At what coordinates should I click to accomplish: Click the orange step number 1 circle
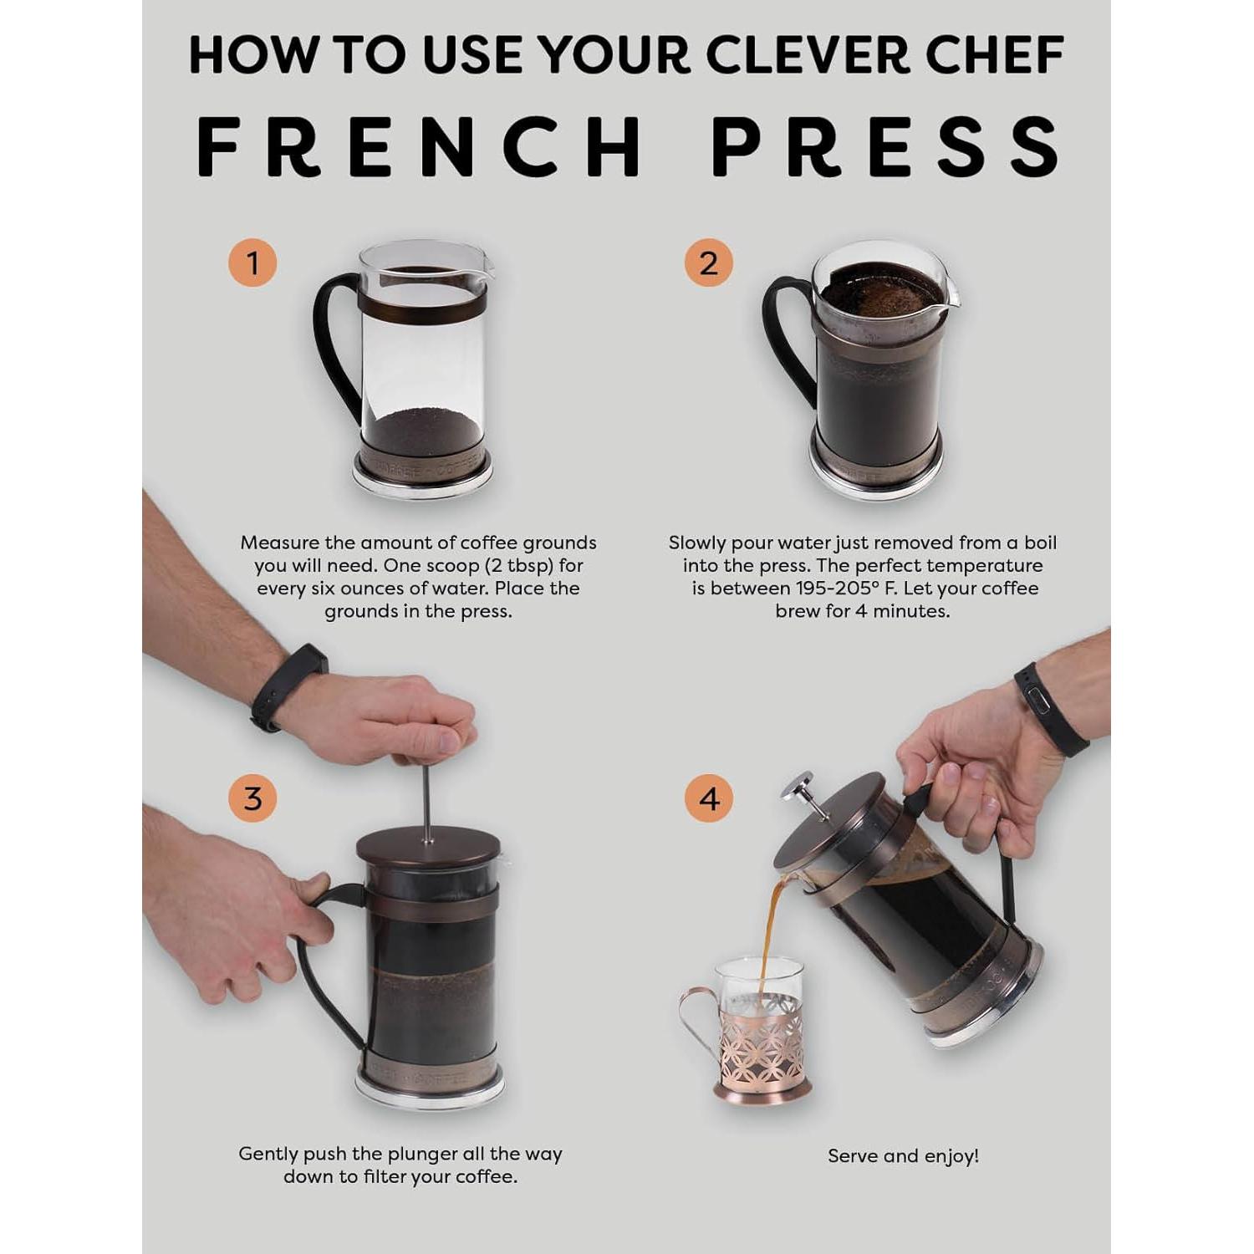click(x=252, y=263)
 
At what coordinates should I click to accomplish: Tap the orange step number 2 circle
click(x=708, y=263)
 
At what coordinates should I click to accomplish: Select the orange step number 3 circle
click(x=252, y=798)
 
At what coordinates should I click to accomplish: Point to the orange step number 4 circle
click(x=708, y=798)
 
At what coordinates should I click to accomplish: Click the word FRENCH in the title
click(x=420, y=147)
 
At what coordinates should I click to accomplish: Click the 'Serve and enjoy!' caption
click(x=903, y=1156)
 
